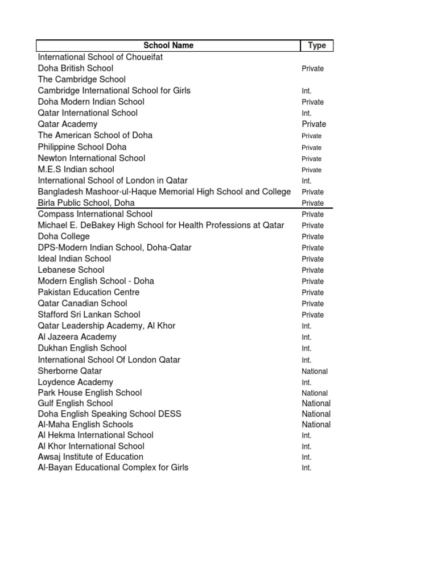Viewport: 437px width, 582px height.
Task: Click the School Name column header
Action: click(x=168, y=45)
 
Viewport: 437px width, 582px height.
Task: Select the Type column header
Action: click(x=316, y=45)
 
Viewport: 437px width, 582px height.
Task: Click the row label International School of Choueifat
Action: click(x=100, y=57)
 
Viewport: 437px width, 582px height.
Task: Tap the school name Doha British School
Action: click(x=76, y=68)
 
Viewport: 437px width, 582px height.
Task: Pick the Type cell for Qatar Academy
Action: click(x=314, y=124)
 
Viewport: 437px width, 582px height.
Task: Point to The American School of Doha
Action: click(x=95, y=135)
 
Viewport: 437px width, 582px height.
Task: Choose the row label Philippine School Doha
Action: click(x=82, y=147)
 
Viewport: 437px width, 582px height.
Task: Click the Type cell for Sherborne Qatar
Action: click(x=315, y=371)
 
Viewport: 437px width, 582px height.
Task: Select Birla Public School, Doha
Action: click(x=86, y=203)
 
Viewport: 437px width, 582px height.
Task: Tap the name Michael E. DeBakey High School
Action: click(x=161, y=225)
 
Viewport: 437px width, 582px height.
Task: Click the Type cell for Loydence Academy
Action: click(x=307, y=383)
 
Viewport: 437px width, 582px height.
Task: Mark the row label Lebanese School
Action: click(x=71, y=270)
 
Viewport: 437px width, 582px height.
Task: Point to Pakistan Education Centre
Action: click(x=89, y=292)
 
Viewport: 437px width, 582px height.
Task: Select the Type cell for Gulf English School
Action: click(x=316, y=404)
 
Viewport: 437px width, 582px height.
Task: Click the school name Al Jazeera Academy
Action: click(x=77, y=337)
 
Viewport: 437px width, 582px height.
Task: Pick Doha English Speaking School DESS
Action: click(x=109, y=414)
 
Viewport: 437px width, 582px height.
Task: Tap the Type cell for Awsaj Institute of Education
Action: click(x=307, y=457)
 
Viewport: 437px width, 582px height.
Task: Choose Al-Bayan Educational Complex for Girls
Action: click(x=113, y=468)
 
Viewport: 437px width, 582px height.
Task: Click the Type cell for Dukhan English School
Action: click(x=307, y=348)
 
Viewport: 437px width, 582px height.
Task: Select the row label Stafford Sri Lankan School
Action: click(x=89, y=314)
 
